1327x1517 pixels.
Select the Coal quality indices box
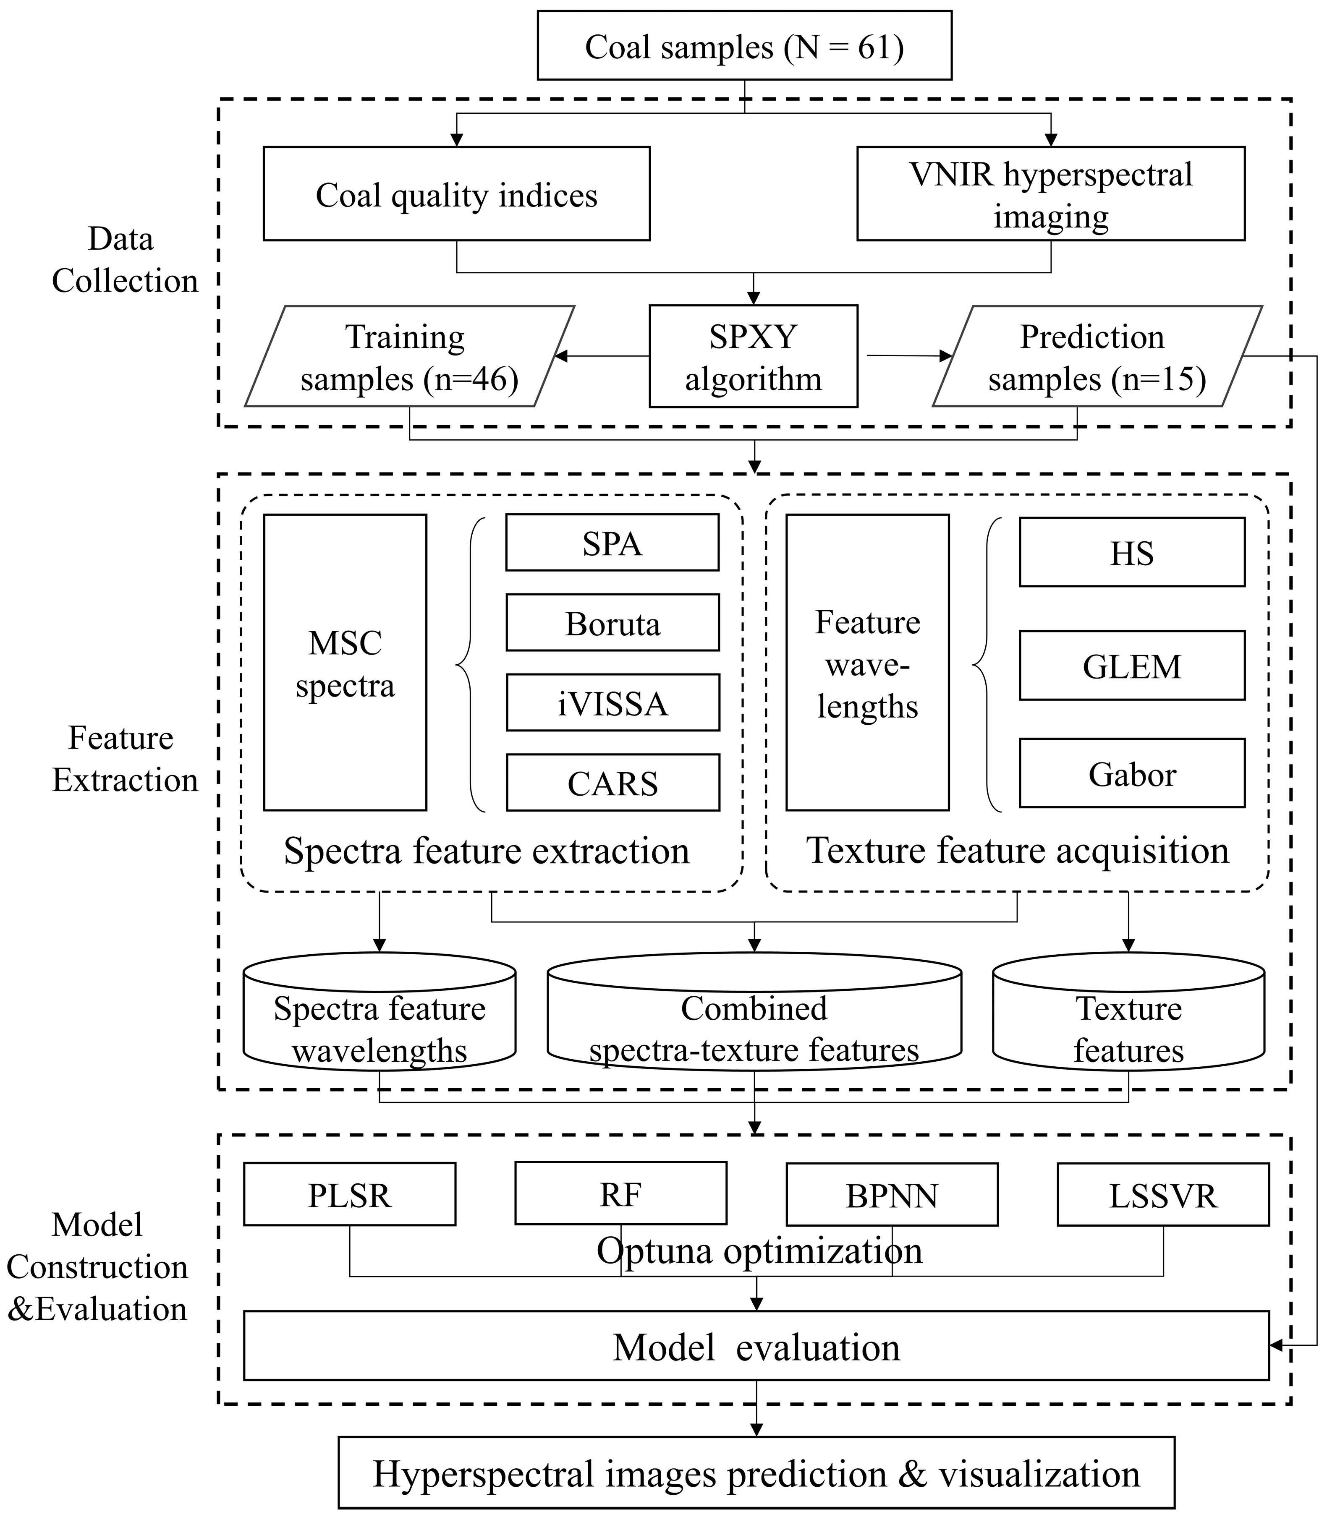(456, 194)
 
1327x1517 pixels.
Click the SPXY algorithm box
(753, 357)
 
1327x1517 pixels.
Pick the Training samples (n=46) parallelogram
(409, 357)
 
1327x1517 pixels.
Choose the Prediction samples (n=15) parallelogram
(1096, 357)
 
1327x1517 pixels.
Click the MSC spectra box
(345, 663)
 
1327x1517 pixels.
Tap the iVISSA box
(612, 702)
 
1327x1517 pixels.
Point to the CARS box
(612, 783)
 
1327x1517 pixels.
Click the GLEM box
(1131, 666)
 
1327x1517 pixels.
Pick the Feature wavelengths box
(867, 663)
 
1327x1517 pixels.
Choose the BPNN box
(892, 1195)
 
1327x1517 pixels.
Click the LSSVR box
(1162, 1195)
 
